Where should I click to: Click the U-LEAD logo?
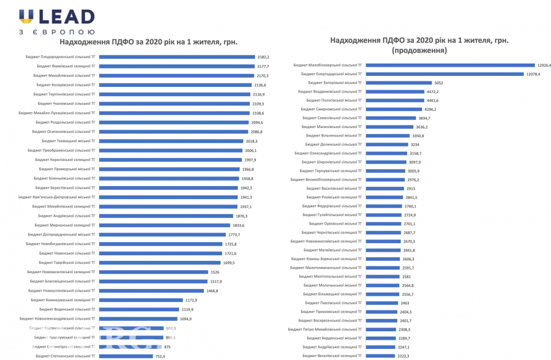[56, 21]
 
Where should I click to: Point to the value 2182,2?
[263, 56]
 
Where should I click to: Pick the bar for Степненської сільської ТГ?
[126, 356]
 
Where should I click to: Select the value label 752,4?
[161, 356]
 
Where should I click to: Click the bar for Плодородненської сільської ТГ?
[176, 56]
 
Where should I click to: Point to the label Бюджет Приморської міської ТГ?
[67, 169]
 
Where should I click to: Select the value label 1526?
[214, 272]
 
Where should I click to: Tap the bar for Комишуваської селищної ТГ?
[141, 300]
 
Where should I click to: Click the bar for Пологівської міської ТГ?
[394, 100]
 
